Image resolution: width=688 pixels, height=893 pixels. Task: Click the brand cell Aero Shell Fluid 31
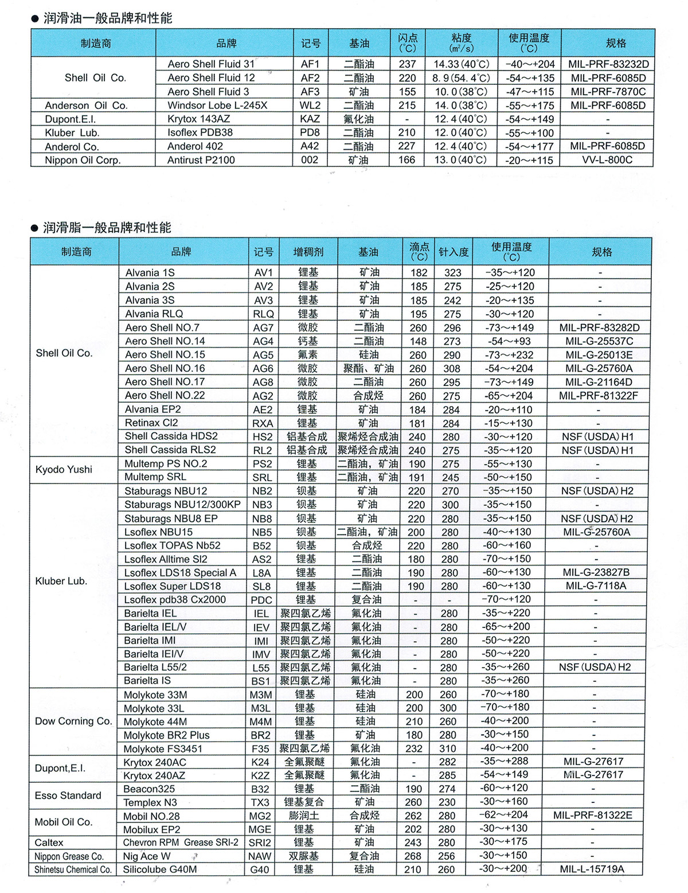210,64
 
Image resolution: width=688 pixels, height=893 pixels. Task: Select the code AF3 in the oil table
310,92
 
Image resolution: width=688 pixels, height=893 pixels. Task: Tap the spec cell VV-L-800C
607,160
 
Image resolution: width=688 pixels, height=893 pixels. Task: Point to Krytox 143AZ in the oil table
198,119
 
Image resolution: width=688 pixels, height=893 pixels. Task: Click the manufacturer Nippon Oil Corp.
83,161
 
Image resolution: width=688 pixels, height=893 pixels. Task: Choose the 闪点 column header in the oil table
408,43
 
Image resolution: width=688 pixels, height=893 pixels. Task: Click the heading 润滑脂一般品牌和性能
107,228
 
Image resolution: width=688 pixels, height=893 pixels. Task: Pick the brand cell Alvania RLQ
154,314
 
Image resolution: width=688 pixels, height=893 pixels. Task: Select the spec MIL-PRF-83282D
599,327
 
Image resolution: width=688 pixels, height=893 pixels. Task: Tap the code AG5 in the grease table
263,355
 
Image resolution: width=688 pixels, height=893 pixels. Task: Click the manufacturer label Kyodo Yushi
64,470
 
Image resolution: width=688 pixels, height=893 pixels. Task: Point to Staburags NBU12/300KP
182,505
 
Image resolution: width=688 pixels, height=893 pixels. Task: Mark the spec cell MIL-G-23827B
596,572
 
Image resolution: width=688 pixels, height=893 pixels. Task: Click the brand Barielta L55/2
155,668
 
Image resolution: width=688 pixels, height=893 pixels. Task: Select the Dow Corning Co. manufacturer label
73,722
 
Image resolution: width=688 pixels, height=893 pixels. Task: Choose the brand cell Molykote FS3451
163,749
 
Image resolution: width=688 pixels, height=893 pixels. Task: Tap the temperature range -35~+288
505,762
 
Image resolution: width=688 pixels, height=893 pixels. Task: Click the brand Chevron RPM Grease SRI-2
181,843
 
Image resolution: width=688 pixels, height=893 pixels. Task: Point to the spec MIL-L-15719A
592,869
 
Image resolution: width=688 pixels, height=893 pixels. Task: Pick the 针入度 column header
454,252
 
